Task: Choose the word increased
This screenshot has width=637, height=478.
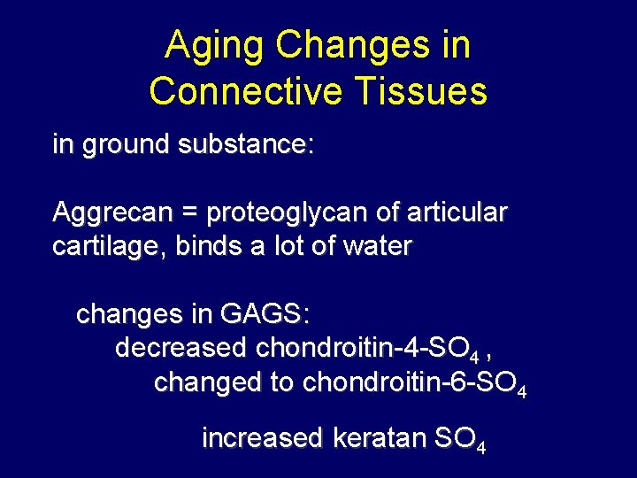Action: tap(262, 439)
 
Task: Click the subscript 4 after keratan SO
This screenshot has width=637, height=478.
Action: tap(480, 448)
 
